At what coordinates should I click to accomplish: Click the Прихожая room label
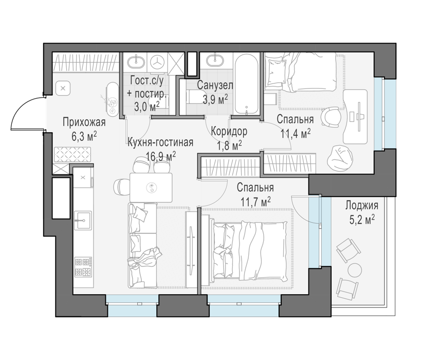pos(84,122)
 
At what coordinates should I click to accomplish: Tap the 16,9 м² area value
pos(161,156)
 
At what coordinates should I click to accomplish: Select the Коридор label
pos(229,131)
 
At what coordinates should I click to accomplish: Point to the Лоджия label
pos(361,205)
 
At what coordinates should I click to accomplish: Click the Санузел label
pos(215,85)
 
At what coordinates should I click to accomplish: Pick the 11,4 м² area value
pos(296,134)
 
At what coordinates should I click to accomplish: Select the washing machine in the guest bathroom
pos(158,61)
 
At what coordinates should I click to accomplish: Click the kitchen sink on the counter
pos(83,221)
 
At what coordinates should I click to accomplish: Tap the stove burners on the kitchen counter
pos(83,267)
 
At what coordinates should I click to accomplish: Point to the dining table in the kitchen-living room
pos(151,187)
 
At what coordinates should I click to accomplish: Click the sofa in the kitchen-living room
pos(143,246)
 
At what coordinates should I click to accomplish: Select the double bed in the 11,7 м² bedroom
pos(249,250)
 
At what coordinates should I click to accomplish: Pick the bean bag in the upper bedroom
pos(338,158)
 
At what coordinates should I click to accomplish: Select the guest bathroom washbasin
pos(137,61)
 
